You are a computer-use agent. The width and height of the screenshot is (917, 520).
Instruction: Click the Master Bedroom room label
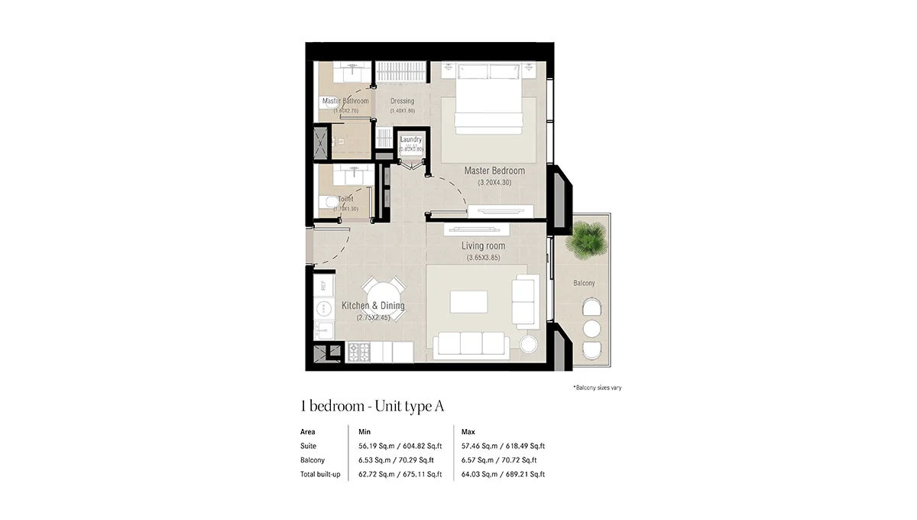tap(494, 171)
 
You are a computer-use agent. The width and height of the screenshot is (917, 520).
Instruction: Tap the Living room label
tap(483, 246)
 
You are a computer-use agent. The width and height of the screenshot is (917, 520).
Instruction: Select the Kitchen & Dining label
tap(373, 306)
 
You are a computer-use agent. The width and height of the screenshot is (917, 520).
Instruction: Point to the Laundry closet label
tap(410, 140)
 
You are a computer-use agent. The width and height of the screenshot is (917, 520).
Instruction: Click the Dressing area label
tap(402, 101)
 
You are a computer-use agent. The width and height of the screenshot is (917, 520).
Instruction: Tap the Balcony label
tap(584, 283)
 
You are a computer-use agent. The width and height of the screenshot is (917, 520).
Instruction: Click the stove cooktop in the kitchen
tap(359, 353)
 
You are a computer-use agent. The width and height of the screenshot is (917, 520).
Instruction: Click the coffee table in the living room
tap(468, 301)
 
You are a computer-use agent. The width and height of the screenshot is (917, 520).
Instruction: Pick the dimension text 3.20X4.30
tap(494, 183)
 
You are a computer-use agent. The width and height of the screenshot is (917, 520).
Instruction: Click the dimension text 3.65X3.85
tap(483, 258)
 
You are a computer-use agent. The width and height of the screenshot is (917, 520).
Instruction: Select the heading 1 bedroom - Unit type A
tap(373, 406)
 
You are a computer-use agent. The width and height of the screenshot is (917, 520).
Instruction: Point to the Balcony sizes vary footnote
tap(597, 388)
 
